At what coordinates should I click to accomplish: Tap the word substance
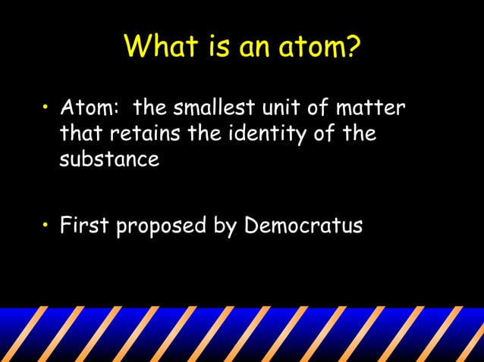[109, 160]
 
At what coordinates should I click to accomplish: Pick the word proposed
[159, 226]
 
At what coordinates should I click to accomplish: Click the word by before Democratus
[222, 226]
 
